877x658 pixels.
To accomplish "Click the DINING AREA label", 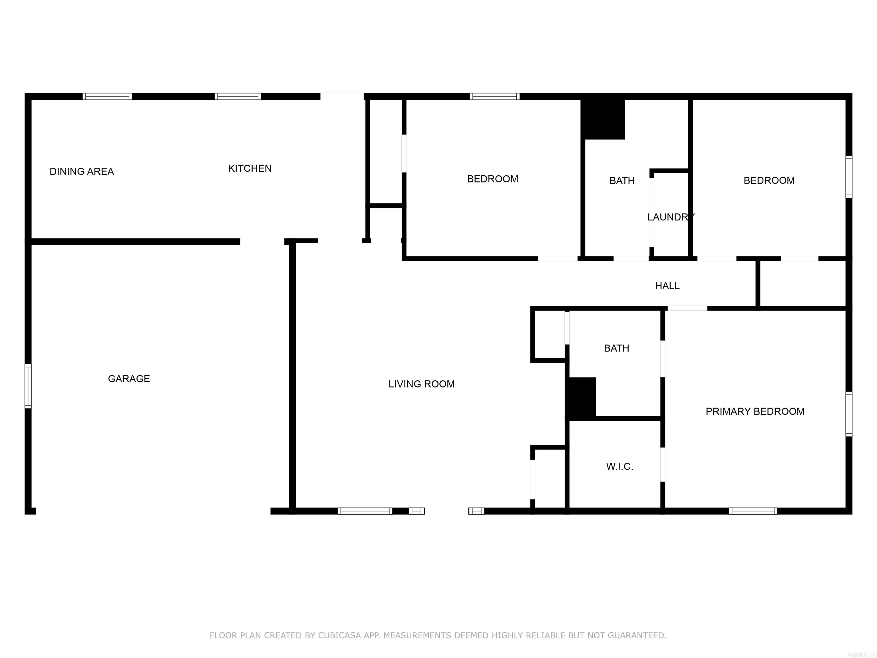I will pos(82,171).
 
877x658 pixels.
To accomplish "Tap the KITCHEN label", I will pos(250,168).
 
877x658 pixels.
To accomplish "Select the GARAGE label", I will pos(129,379).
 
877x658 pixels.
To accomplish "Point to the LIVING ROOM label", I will pos(421,384).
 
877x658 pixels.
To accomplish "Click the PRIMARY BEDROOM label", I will pos(755,411).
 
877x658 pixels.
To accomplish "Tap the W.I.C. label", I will pos(619,466).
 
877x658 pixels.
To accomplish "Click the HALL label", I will pos(667,286).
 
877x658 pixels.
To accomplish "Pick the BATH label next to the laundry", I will pos(622,181).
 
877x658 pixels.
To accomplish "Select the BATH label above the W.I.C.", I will pos(616,348).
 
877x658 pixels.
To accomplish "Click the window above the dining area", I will pos(107,96).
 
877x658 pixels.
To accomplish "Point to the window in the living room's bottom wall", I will pos(365,511).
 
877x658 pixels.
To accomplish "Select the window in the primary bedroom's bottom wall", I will pos(753,511).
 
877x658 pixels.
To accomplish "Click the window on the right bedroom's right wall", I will pos(848,177).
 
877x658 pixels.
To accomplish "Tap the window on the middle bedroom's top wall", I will pos(494,96).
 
